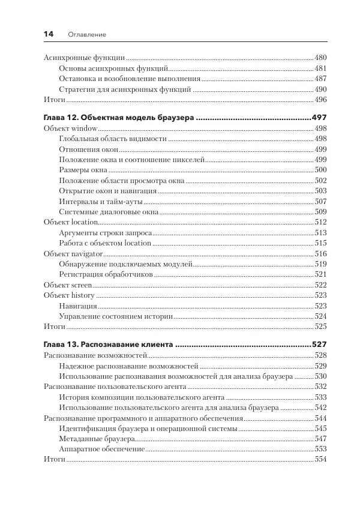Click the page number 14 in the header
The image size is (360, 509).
tap(49, 34)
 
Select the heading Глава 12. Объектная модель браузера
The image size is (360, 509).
tap(119, 118)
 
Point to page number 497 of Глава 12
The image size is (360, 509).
tap(319, 118)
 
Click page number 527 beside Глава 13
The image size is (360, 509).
tap(319, 345)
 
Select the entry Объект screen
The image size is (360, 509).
tap(68, 285)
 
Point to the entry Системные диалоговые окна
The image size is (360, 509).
tap(109, 212)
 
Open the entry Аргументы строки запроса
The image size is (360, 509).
tap(105, 233)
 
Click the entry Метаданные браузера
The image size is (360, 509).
tap(97, 438)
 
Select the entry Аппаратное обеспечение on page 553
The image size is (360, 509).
tap(102, 448)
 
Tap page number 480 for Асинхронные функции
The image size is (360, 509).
tap(320, 58)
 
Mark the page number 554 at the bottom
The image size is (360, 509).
tap(320, 459)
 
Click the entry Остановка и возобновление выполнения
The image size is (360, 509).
tap(130, 79)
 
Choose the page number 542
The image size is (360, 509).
tap(320, 408)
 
